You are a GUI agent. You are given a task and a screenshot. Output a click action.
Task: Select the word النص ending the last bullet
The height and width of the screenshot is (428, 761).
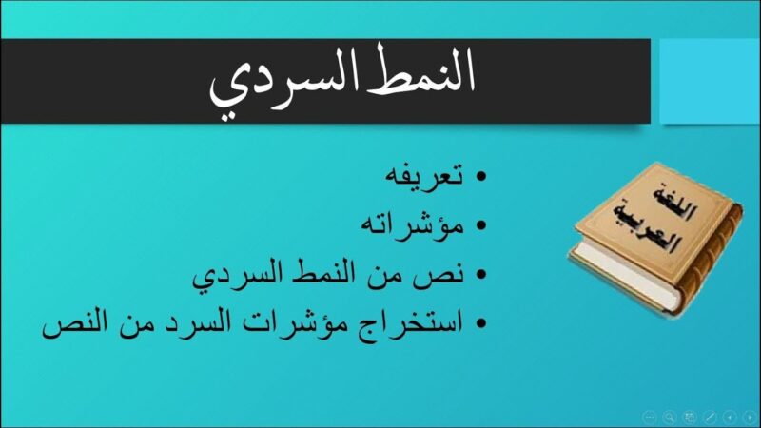coord(71,325)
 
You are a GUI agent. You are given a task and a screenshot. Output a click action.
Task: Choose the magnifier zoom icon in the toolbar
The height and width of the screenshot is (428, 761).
coord(670,417)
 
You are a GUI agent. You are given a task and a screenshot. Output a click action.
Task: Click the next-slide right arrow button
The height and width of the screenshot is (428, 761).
coord(748,417)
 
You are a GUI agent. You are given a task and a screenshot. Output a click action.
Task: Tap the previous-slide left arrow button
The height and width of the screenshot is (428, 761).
coord(729,417)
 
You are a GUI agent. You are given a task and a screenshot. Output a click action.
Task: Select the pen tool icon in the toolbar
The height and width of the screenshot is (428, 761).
coord(709,417)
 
